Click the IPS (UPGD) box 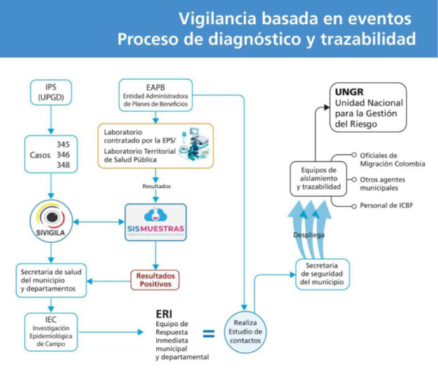[x=51, y=93]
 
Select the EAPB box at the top [x=155, y=94]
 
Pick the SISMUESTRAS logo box [x=155, y=221]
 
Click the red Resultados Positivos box [x=155, y=279]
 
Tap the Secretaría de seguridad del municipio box [x=322, y=273]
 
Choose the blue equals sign [x=208, y=333]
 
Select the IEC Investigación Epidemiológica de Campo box [x=51, y=331]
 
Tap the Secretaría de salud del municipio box [x=51, y=279]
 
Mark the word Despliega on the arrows [x=309, y=235]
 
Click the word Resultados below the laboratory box [x=156, y=186]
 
